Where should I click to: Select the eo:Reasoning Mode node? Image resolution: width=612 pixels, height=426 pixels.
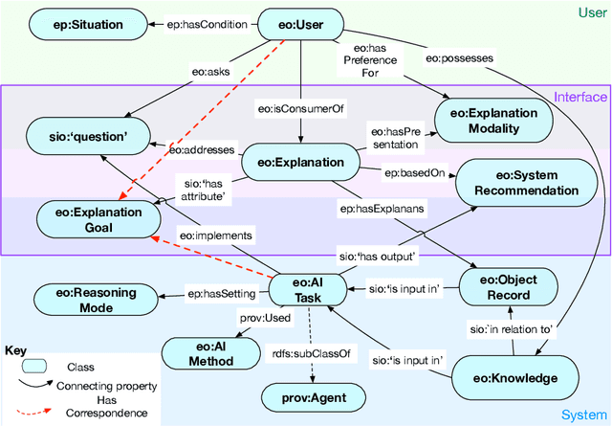pos(88,300)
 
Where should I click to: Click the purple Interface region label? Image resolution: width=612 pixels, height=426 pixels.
pos(580,97)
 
